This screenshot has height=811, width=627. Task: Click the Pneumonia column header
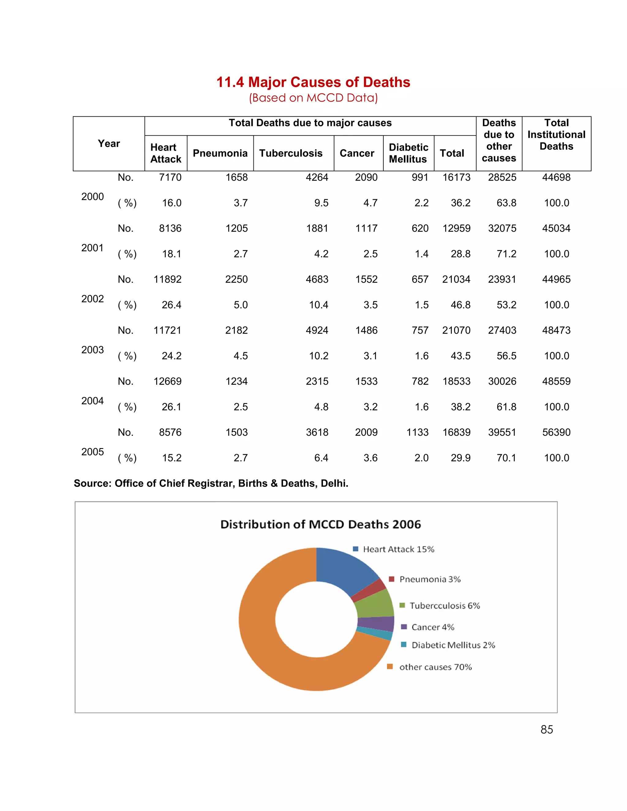[220, 153]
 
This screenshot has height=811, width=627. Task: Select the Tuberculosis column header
[291, 153]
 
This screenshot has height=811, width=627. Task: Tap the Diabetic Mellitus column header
[408, 153]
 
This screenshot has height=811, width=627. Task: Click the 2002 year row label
[92, 299]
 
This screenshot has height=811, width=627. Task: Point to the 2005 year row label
[92, 452]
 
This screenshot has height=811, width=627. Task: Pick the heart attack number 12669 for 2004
[167, 381]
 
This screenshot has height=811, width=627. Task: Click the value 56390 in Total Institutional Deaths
[556, 432]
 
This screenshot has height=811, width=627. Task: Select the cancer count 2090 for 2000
[366, 178]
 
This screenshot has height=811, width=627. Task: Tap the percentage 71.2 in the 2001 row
[506, 254]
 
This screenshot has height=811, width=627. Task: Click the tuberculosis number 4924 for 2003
[317, 331]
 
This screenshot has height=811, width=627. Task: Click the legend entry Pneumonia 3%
[430, 579]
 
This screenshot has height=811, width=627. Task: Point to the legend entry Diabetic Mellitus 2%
[453, 645]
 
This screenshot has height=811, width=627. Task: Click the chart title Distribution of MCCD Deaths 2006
[320, 524]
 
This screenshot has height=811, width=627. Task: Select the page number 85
[546, 730]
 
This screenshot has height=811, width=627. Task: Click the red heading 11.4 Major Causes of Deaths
[313, 82]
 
